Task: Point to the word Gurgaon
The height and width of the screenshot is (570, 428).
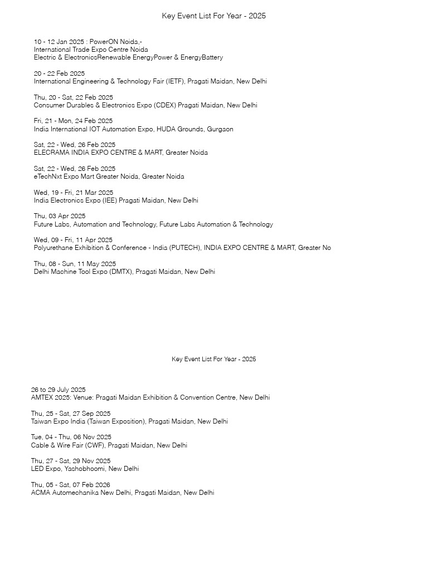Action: (x=220, y=129)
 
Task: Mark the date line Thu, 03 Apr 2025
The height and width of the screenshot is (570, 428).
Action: (x=60, y=216)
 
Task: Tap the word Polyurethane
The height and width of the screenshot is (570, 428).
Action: (x=54, y=248)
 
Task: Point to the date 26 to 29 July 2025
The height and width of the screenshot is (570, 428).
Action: (x=59, y=390)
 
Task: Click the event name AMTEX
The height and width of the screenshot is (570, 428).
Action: (x=41, y=397)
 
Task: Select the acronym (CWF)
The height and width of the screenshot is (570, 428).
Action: (x=94, y=445)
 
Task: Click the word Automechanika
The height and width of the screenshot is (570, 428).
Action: (x=76, y=493)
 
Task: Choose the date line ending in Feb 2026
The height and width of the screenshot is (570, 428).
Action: (x=71, y=485)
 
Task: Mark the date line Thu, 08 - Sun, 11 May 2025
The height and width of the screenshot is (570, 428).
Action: (x=75, y=264)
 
